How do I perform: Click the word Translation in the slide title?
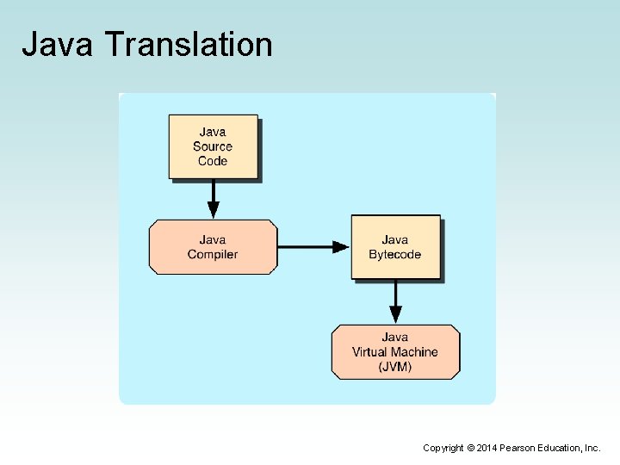tap(187, 45)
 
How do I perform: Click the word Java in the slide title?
tap(57, 45)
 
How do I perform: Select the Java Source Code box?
tap(213, 146)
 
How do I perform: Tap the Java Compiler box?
tap(213, 247)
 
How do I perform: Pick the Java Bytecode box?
tap(394, 247)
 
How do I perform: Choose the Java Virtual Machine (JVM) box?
tap(395, 351)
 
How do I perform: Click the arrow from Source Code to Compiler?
tap(213, 200)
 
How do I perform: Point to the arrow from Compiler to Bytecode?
tap(313, 247)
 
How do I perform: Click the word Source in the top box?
tap(213, 146)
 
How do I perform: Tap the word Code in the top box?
tap(213, 160)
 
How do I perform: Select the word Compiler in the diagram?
tap(213, 254)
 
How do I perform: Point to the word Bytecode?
tap(394, 254)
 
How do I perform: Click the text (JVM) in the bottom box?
tap(395, 366)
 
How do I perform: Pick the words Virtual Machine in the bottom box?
tap(395, 351)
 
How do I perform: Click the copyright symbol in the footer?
tap(470, 448)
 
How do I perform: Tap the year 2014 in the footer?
tap(487, 448)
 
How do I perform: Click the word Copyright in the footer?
tap(443, 448)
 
